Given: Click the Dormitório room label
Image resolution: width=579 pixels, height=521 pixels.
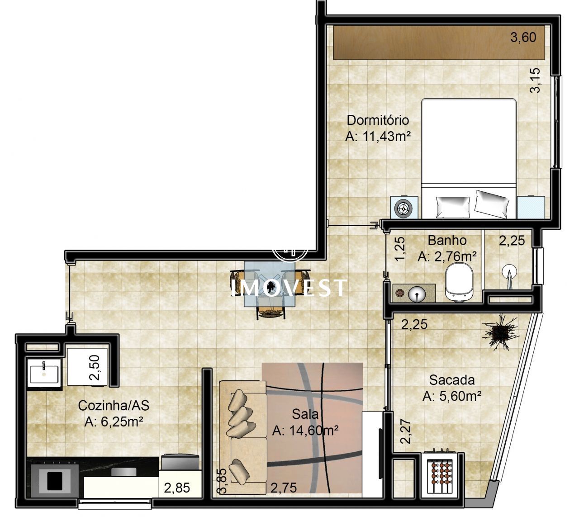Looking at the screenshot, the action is pyautogui.click(x=378, y=120).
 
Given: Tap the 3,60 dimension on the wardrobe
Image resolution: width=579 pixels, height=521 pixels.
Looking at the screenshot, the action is pyautogui.click(x=523, y=37).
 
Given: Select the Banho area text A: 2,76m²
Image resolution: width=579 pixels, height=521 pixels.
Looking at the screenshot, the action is pyautogui.click(x=447, y=256).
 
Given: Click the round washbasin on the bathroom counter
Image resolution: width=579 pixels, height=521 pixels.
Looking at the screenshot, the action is pyautogui.click(x=417, y=294).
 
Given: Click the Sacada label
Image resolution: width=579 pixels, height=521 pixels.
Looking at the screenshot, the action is pyautogui.click(x=452, y=380).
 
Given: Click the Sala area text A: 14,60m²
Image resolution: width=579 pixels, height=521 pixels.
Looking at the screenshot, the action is pyautogui.click(x=305, y=431).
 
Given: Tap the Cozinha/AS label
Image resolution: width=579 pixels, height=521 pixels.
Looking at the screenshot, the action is pyautogui.click(x=114, y=406).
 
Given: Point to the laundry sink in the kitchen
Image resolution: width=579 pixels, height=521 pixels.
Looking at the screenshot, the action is pyautogui.click(x=44, y=373).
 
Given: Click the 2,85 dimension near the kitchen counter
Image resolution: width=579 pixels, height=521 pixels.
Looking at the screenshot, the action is pyautogui.click(x=177, y=488).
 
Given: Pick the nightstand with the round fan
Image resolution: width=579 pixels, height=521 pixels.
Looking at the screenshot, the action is pyautogui.click(x=404, y=207).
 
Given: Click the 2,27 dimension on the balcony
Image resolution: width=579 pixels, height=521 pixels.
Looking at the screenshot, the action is pyautogui.click(x=406, y=431).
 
